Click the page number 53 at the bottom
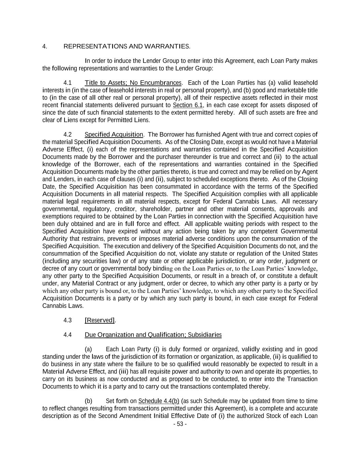[180, 424]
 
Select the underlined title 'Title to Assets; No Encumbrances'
[133, 83]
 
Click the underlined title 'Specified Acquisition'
[114, 135]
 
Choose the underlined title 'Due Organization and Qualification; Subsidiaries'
[153, 335]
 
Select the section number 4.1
[68, 83]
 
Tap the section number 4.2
[68, 135]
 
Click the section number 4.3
[68, 320]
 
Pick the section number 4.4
[68, 335]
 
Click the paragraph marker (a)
[88, 349]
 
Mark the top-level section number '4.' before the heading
[45, 46]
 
